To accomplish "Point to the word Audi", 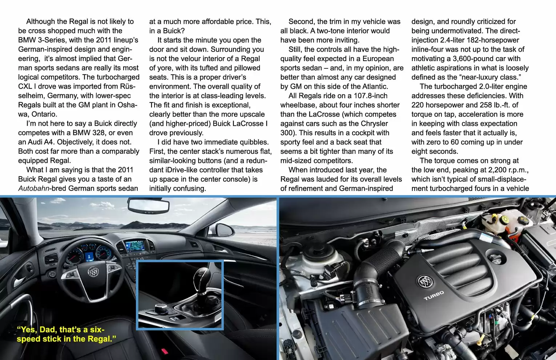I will click(x=36, y=142).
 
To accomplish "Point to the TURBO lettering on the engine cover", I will click(x=434, y=295).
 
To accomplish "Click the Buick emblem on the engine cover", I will click(x=423, y=281).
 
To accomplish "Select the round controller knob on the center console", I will click(x=160, y=308).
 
